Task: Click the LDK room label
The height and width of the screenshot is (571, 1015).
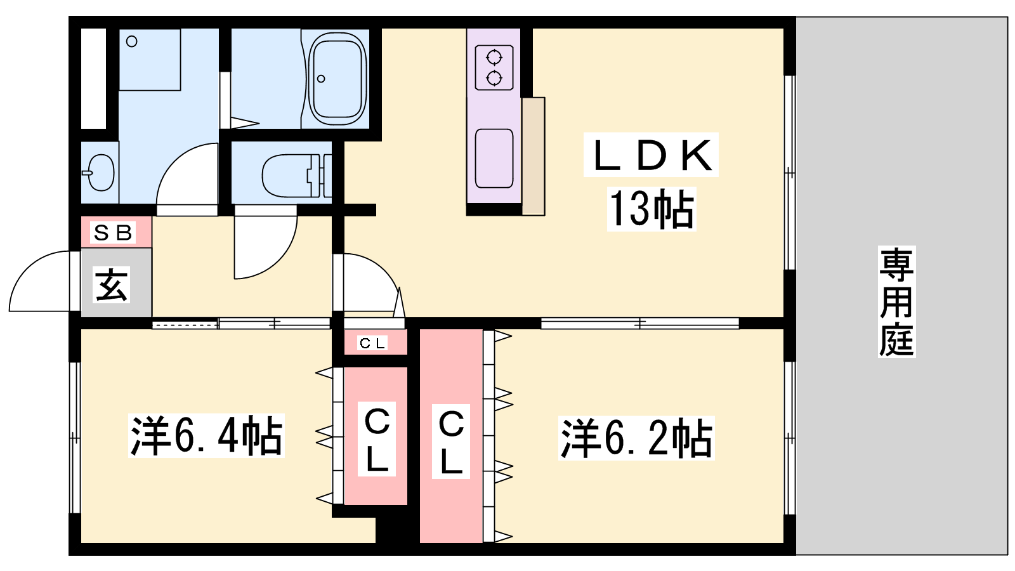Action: [651, 155]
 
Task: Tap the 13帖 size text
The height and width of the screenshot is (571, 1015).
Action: [652, 209]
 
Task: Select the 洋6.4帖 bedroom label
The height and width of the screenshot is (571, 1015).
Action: [206, 435]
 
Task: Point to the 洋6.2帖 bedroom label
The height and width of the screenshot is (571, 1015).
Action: [636, 438]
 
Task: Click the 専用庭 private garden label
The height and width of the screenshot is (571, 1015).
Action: [896, 301]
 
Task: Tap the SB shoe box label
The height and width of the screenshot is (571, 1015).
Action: [112, 232]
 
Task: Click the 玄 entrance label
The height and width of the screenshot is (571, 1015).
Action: [111, 285]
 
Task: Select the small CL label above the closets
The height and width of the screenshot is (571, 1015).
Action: [372, 343]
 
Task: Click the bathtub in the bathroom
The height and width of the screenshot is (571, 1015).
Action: [337, 78]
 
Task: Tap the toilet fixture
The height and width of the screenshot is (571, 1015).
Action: [297, 175]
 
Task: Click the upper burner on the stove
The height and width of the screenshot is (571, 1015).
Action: [494, 58]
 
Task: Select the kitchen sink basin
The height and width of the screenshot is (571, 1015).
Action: [494, 158]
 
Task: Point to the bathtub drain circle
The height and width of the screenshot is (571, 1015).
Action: [321, 79]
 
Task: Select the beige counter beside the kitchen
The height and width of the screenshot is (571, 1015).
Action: [534, 156]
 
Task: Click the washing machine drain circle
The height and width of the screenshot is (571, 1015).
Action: [132, 42]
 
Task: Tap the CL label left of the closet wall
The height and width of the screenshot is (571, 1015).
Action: [377, 438]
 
